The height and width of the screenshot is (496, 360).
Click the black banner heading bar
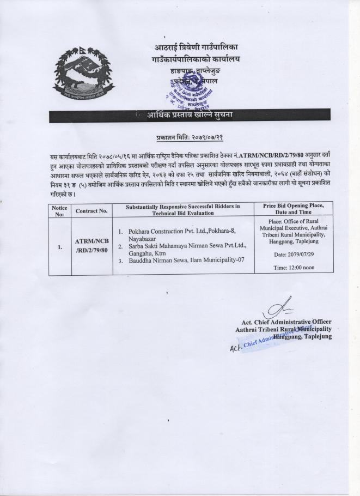[x=191, y=114]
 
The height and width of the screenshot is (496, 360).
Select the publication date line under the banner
[x=191, y=137]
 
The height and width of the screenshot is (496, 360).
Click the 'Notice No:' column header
[x=59, y=211]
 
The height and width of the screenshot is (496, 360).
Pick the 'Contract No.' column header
[x=91, y=211]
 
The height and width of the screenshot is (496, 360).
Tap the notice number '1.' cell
[x=59, y=246]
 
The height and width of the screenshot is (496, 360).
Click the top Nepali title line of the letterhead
[x=197, y=48]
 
